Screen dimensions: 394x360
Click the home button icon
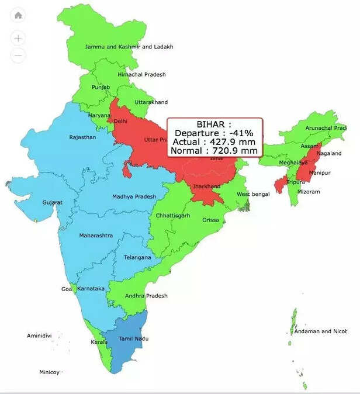pyautogui.click(x=19, y=15)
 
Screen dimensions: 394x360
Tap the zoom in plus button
pyautogui.click(x=19, y=39)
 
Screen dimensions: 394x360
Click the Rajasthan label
pyautogui.click(x=82, y=137)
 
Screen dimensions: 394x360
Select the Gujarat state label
pyautogui.click(x=53, y=202)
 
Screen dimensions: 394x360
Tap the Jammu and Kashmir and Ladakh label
pyautogui.click(x=129, y=47)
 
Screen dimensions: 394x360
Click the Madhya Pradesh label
pyautogui.click(x=134, y=196)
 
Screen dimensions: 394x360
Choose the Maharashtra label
pyautogui.click(x=96, y=236)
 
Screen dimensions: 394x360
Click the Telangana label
pyautogui.click(x=137, y=257)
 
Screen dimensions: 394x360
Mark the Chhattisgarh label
pyautogui.click(x=173, y=216)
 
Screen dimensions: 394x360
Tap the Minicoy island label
pyautogui.click(x=50, y=372)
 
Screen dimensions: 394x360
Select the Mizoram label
pyautogui.click(x=309, y=191)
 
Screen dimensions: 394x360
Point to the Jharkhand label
pyautogui.click(x=207, y=186)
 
